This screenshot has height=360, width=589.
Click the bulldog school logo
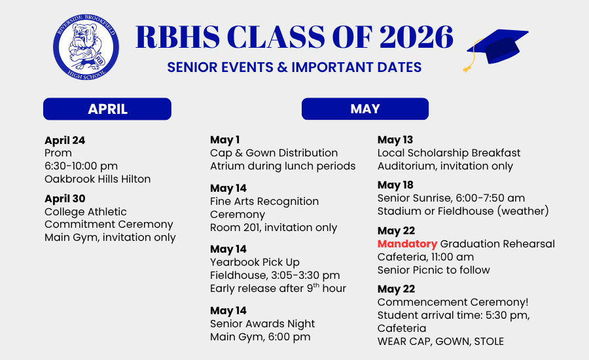[x=86, y=47]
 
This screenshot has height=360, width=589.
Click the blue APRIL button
[x=107, y=109]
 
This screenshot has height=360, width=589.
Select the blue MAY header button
[x=365, y=109]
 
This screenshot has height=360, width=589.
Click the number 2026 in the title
[x=416, y=37]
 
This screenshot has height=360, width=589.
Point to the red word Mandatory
[x=407, y=244]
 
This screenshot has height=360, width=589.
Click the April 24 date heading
[x=65, y=141]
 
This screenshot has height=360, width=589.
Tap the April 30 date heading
[x=65, y=198]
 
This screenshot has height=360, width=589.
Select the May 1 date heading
[x=224, y=140]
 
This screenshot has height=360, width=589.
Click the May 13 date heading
[x=395, y=140]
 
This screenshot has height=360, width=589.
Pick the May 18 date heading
[x=395, y=185]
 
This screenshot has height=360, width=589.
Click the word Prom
[x=58, y=153]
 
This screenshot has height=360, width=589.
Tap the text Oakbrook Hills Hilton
[x=98, y=179]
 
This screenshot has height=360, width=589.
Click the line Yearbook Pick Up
[x=255, y=262]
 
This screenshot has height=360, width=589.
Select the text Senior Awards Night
[x=262, y=323]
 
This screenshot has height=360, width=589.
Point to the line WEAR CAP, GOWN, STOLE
[x=440, y=341]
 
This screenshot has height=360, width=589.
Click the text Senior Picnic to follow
[x=434, y=270]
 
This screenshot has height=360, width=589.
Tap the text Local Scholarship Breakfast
[x=449, y=153]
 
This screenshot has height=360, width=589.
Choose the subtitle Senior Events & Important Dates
[x=294, y=67]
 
